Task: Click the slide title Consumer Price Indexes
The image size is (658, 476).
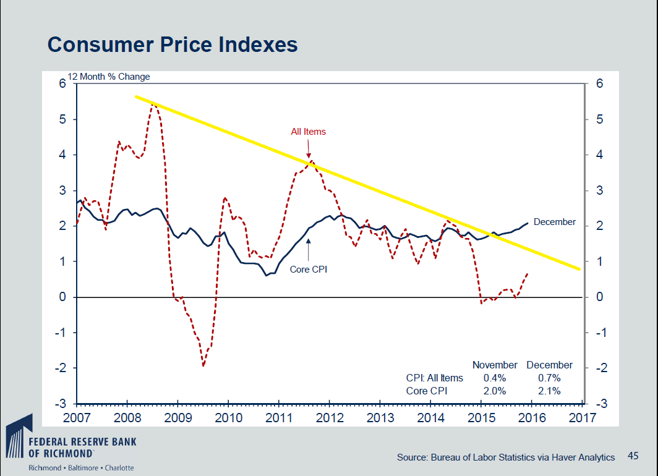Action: click(173, 45)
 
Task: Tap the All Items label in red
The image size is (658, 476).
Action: click(308, 132)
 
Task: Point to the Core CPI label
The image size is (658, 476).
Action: click(308, 269)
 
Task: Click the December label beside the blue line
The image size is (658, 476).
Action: click(554, 222)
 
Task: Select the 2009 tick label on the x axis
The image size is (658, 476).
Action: click(178, 418)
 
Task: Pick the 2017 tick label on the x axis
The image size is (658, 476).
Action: click(583, 418)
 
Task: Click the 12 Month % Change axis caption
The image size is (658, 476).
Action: click(109, 77)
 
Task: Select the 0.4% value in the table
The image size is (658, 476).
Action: click(494, 378)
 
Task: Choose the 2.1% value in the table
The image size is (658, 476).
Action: click(549, 391)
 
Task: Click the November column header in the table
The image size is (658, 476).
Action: click(495, 365)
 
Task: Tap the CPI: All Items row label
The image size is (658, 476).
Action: click(434, 378)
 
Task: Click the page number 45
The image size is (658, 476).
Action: click(633, 456)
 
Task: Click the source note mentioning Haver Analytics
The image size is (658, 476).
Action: click(506, 457)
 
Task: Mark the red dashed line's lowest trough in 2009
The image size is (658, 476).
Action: click(203, 365)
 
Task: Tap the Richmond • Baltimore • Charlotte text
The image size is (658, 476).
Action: click(81, 468)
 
